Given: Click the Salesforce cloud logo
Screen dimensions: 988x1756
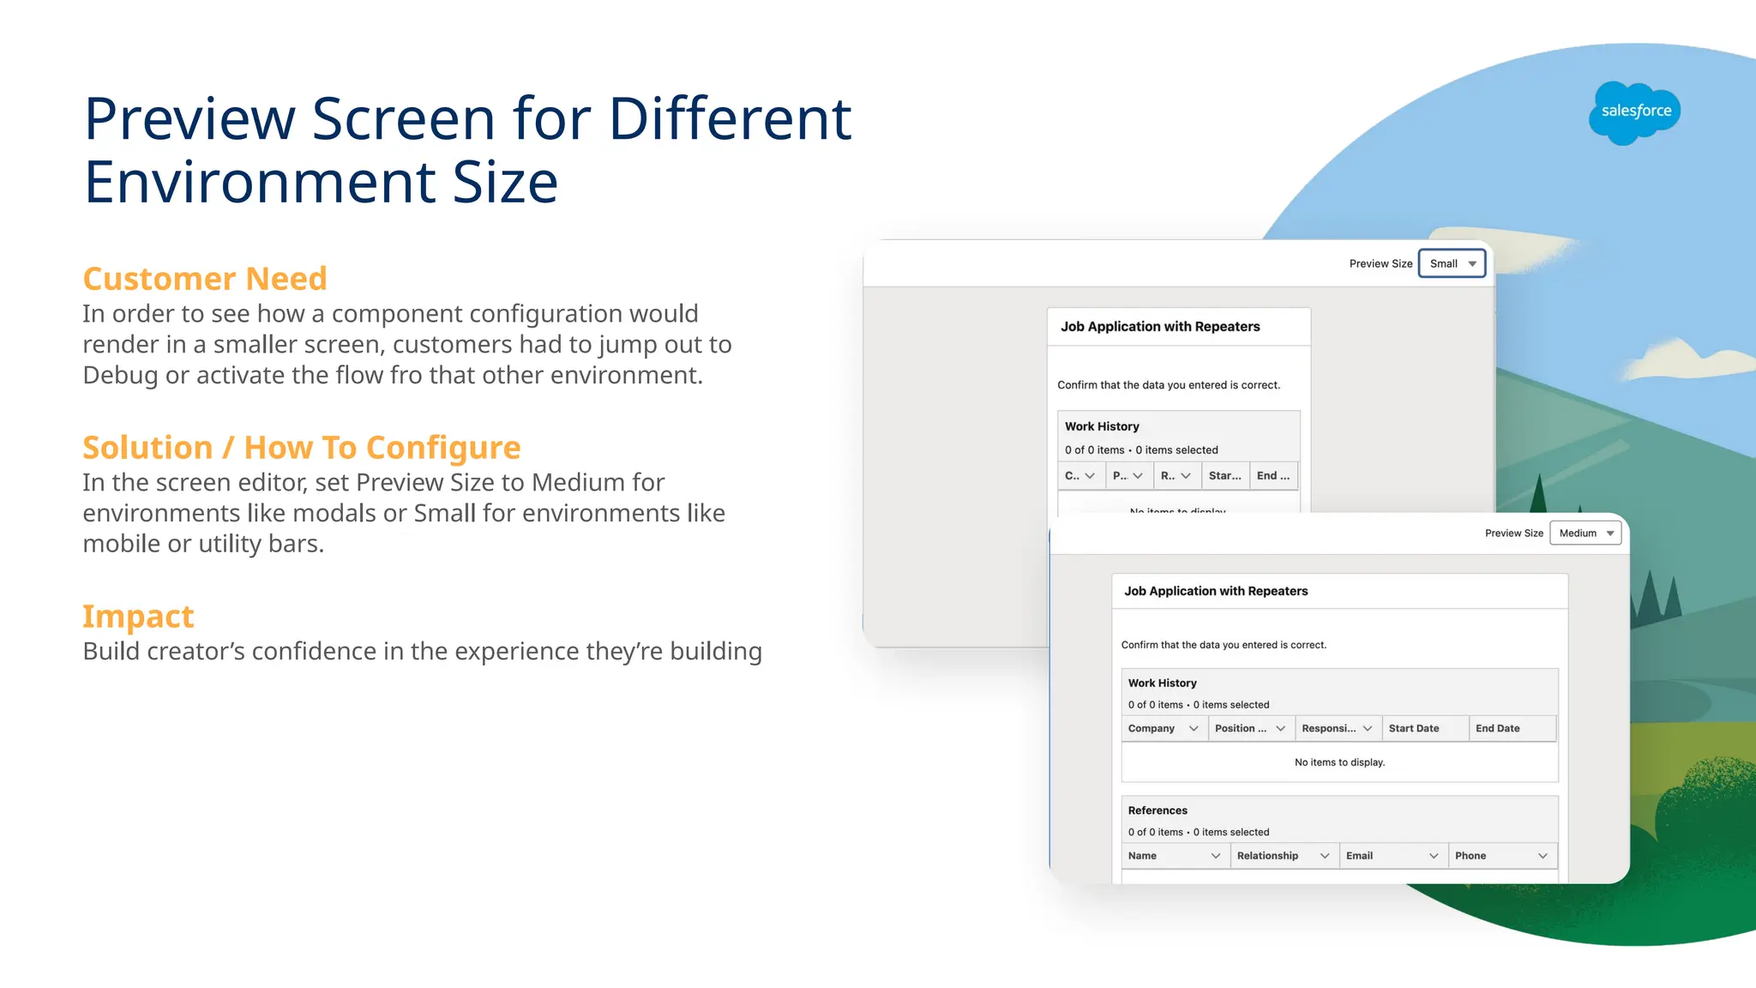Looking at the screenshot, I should tap(1634, 112).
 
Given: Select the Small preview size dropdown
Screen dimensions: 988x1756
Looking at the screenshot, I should tap(1452, 263).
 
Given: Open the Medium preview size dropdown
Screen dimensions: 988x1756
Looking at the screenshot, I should tap(1585, 533).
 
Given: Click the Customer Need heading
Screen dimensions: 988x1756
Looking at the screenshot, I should tap(205, 279).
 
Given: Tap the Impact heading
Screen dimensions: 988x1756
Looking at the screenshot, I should tap(138, 617).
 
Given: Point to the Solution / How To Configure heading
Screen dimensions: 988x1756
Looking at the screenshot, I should tap(301, 448).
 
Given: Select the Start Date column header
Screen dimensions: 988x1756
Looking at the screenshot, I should tap(1414, 728).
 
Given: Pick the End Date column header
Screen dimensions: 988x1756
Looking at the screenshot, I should tap(1497, 728).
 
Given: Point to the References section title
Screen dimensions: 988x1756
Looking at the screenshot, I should tap(1158, 810).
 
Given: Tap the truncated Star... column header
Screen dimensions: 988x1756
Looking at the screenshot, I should tap(1224, 475).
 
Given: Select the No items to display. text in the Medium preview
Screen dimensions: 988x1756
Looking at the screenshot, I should tap(1339, 762).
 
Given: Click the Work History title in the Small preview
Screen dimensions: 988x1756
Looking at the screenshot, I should tap(1102, 426).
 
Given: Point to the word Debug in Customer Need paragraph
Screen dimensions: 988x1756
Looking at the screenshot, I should tap(120, 376).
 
